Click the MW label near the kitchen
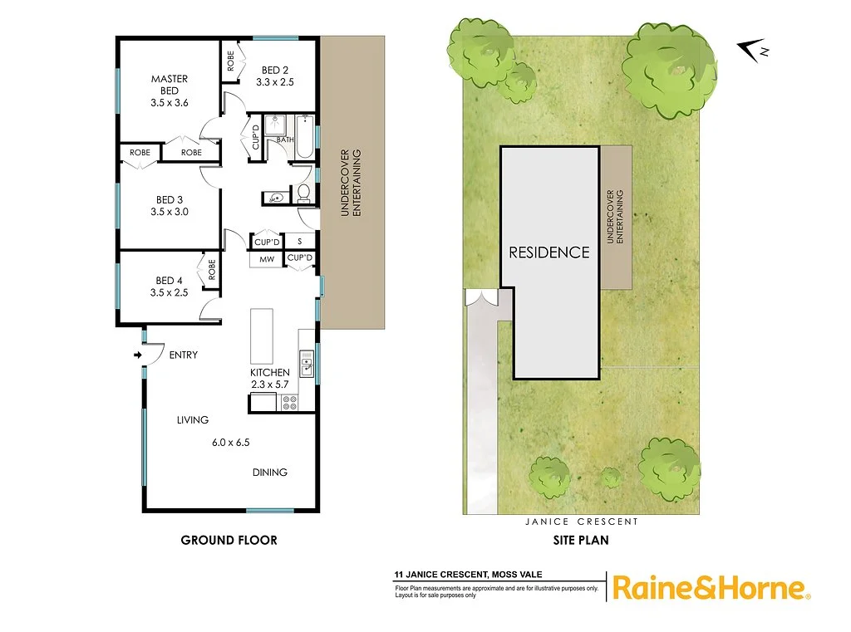click(267, 260)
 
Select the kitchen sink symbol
click(307, 366)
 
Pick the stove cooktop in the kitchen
click(291, 403)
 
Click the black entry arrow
click(137, 355)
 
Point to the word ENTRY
click(183, 355)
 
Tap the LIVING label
click(192, 420)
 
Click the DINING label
click(270, 473)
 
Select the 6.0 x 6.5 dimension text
click(231, 443)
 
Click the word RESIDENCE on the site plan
click(549, 252)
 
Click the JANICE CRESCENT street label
click(582, 522)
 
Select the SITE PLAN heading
click(582, 540)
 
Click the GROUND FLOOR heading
click(229, 540)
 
